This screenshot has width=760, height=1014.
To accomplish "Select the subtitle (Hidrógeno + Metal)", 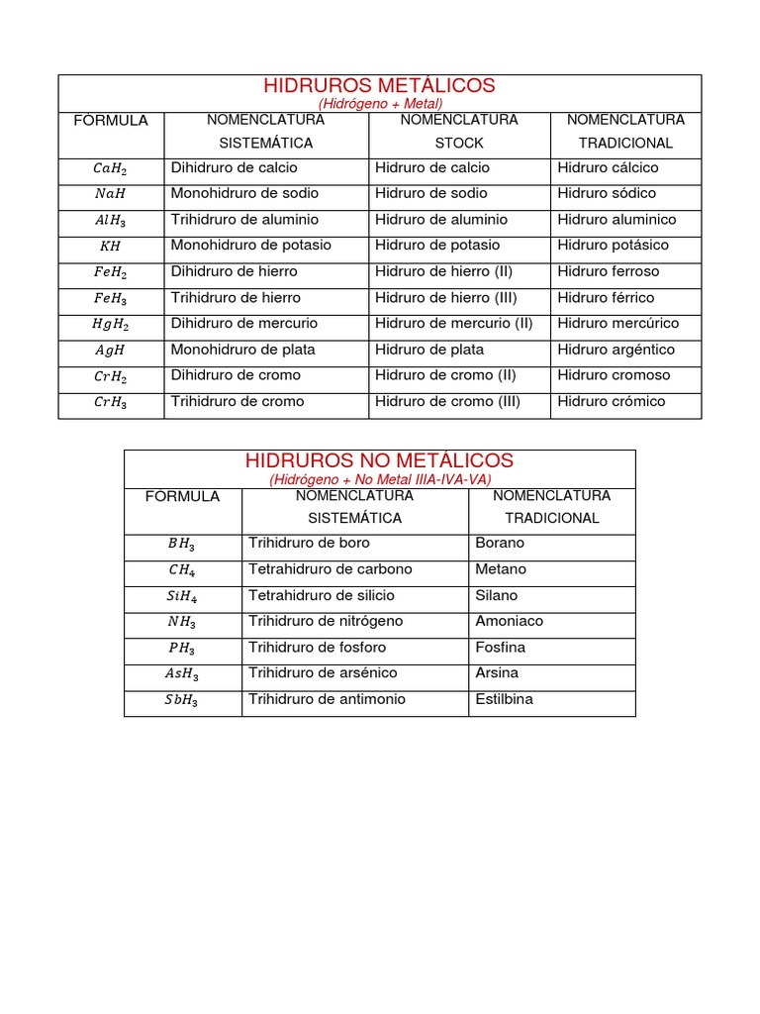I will point(380,103).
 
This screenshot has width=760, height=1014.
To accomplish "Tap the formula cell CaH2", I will point(111,169).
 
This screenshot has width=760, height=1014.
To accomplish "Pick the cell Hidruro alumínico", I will point(617,220).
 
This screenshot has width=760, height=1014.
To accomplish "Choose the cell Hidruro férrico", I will point(606,297).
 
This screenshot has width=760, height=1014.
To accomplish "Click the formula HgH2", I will point(111,325).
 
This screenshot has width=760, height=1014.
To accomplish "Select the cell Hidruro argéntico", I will point(616,350).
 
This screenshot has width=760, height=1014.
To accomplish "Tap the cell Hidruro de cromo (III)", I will point(447,401).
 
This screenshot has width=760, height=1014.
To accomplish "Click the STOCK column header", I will point(459,143).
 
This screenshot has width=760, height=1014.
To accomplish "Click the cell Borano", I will point(500,543).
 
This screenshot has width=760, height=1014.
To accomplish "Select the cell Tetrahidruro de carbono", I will point(331,569).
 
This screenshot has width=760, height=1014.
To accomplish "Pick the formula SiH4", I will point(182,596).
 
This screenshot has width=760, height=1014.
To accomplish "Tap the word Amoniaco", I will point(509,621).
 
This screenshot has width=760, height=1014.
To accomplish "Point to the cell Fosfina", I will point(500,647).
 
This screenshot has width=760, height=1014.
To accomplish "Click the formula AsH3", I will point(182,674).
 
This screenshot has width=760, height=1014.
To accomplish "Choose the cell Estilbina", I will point(504,699).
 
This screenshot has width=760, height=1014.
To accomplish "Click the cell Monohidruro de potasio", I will point(251,245).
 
